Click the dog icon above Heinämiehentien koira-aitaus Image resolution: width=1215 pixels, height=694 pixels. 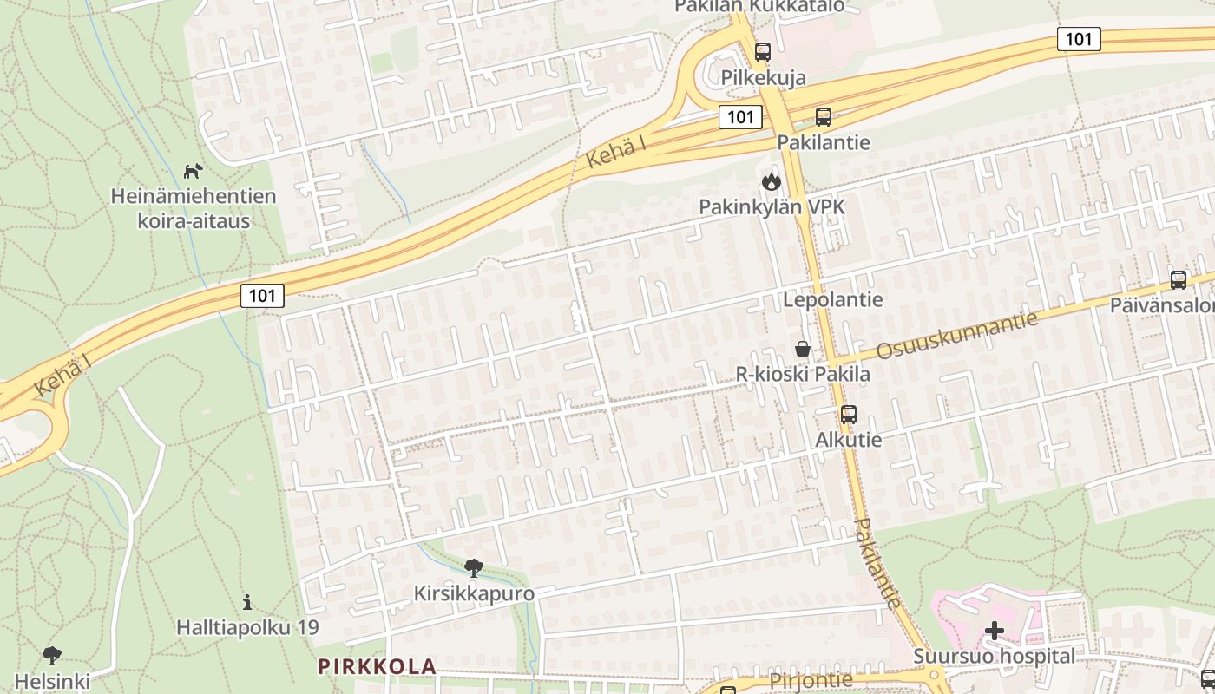[193, 171]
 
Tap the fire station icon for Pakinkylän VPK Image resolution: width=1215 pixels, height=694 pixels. [771, 182]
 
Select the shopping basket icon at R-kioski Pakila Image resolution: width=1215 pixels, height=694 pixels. [803, 350]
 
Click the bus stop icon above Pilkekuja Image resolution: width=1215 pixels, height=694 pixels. [762, 52]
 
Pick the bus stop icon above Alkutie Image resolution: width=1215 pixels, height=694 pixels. [848, 415]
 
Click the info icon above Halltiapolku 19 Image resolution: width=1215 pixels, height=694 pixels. [247, 601]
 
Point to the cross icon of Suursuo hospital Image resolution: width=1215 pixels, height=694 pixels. [995, 631]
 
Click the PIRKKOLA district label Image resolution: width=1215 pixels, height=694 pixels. [377, 666]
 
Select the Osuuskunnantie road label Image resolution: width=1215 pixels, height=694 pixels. [956, 336]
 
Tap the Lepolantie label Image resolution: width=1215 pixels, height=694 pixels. [832, 300]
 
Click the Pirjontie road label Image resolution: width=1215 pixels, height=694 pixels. [811, 680]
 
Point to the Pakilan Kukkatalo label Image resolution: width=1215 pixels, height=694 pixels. [759, 7]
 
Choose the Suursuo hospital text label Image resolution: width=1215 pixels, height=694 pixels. [994, 657]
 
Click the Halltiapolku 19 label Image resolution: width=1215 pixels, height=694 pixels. [247, 626]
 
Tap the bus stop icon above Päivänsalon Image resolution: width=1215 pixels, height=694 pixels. [1178, 280]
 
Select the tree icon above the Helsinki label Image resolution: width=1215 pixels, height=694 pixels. [51, 655]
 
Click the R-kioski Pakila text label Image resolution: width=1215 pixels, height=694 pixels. [803, 375]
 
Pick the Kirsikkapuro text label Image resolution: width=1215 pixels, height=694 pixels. [473, 594]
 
